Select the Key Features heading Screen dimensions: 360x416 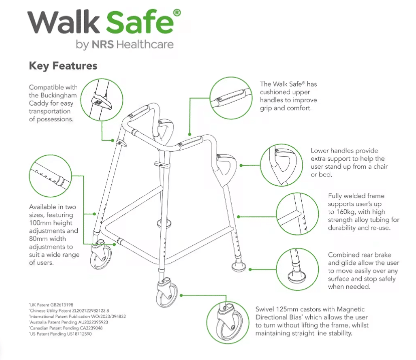pos(63,66)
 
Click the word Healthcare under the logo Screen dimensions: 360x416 pos(145,45)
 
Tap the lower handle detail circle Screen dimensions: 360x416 pos(280,165)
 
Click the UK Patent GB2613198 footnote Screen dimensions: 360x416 pos(52,305)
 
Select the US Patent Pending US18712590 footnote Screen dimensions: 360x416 pos(61,333)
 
